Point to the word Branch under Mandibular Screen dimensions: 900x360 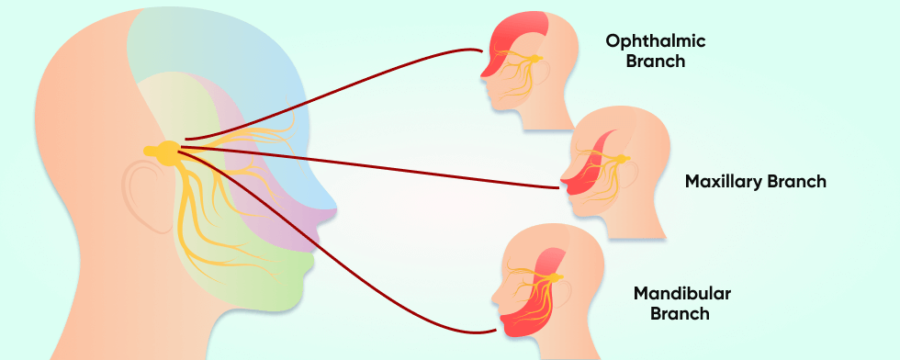click(x=679, y=315)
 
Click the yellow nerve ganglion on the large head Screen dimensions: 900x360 click(x=165, y=152)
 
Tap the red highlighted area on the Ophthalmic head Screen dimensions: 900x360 click(x=510, y=46)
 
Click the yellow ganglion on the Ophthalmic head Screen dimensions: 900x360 click(x=535, y=59)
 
